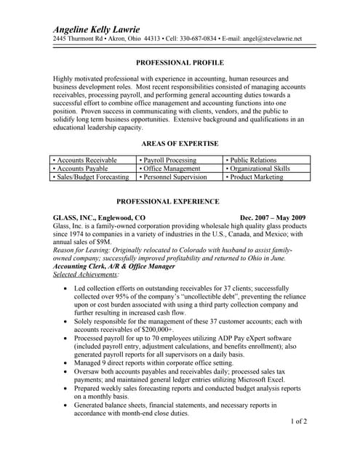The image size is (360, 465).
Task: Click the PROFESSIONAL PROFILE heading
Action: click(x=180, y=63)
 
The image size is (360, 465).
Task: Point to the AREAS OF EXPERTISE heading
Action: click(x=180, y=145)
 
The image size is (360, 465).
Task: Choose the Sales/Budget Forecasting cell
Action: click(x=92, y=177)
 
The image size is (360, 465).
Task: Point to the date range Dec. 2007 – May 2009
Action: click(x=272, y=218)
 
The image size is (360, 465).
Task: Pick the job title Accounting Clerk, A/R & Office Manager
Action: click(x=114, y=267)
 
